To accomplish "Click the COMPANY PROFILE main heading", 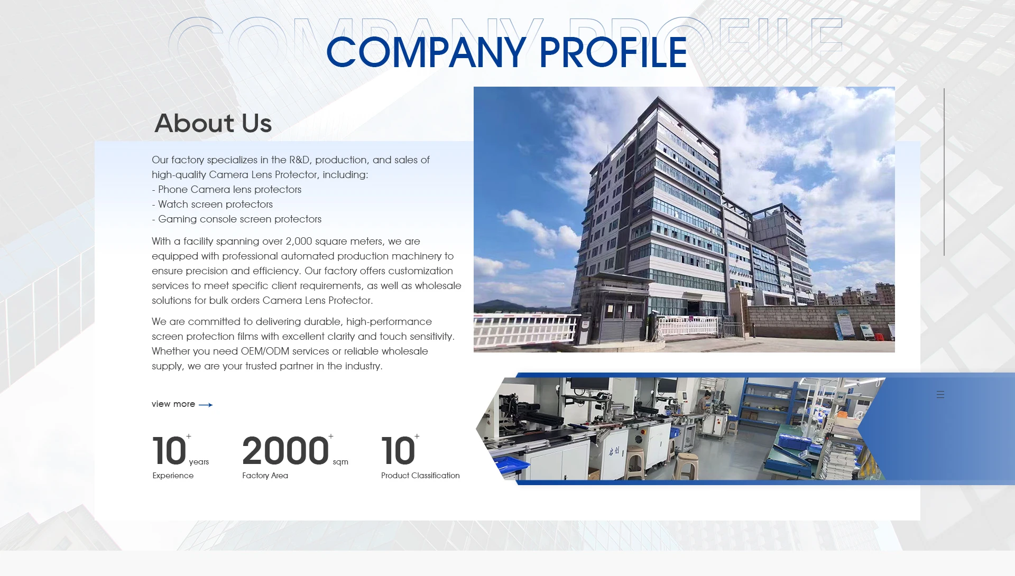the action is point(506,52).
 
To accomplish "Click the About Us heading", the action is point(213,123).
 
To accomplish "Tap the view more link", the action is point(173,404).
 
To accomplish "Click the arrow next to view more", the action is point(206,405).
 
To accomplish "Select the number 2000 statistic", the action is point(285,451).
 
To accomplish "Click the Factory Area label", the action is point(265,476).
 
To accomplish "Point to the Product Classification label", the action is point(420,476).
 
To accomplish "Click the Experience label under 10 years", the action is point(173,476).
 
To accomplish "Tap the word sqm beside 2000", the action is point(340,462).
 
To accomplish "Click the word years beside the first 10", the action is point(199,462).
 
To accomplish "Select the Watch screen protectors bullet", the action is point(212,204).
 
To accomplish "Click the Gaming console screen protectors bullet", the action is point(236,219).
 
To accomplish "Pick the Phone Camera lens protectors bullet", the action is point(226,189).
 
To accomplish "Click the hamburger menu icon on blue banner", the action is point(940,394).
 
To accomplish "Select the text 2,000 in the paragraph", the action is point(299,241).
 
